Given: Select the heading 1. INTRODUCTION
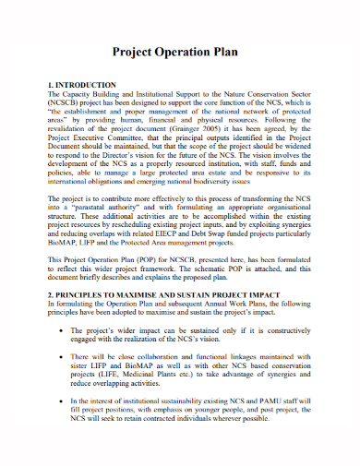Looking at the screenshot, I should [81, 84].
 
